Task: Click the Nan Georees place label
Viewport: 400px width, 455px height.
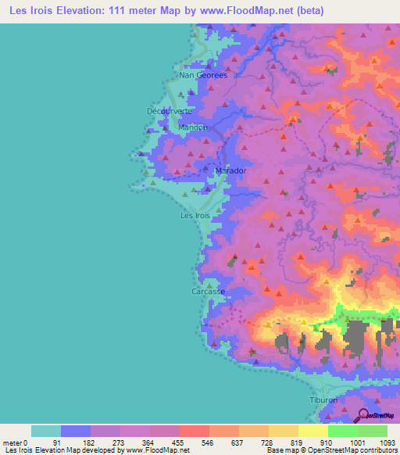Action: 203,76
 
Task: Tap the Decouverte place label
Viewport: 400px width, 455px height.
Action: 170,111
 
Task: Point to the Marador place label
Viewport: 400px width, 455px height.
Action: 230,170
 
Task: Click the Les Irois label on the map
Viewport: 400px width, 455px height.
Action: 195,215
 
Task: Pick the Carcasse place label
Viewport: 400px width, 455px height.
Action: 208,292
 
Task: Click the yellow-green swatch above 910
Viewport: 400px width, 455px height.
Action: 312,431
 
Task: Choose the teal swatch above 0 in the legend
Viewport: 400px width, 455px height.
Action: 45,431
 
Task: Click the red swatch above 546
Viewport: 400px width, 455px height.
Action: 194,431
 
